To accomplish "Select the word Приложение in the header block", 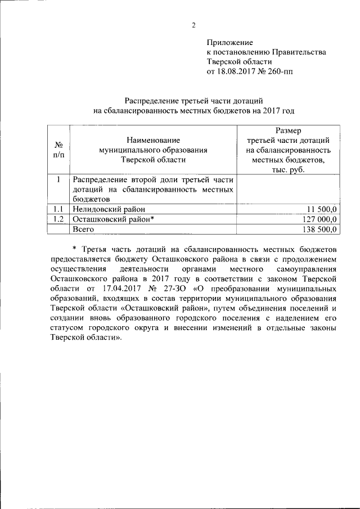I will [230, 42].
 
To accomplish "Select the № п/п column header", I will [58, 150].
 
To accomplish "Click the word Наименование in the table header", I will [153, 139].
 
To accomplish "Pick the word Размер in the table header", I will [288, 130].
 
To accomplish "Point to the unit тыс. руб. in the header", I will [288, 170].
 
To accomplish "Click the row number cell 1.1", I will [58, 209].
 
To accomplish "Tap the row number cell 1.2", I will [58, 219].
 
